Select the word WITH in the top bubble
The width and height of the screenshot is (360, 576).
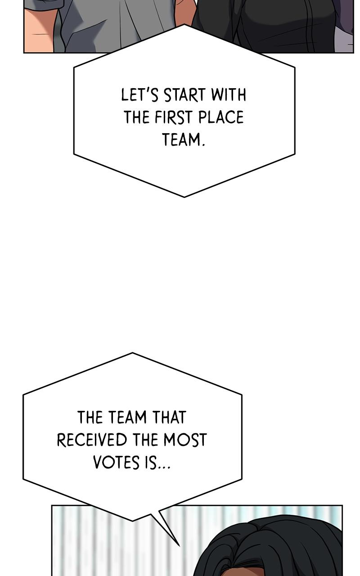tap(229, 94)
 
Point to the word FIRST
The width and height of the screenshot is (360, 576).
tap(174, 117)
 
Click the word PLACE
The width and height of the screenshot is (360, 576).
tap(221, 117)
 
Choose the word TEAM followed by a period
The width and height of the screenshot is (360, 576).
tap(184, 139)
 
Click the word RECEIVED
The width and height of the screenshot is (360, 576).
tap(92, 440)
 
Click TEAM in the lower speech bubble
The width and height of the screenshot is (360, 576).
tap(127, 417)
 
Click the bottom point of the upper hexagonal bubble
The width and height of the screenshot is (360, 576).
tap(184, 197)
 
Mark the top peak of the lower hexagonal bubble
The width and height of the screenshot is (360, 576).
tap(132, 353)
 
